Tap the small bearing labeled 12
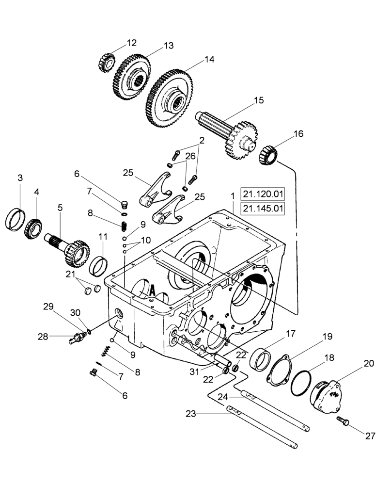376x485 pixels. tap(107, 61)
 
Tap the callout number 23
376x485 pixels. tap(191, 414)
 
